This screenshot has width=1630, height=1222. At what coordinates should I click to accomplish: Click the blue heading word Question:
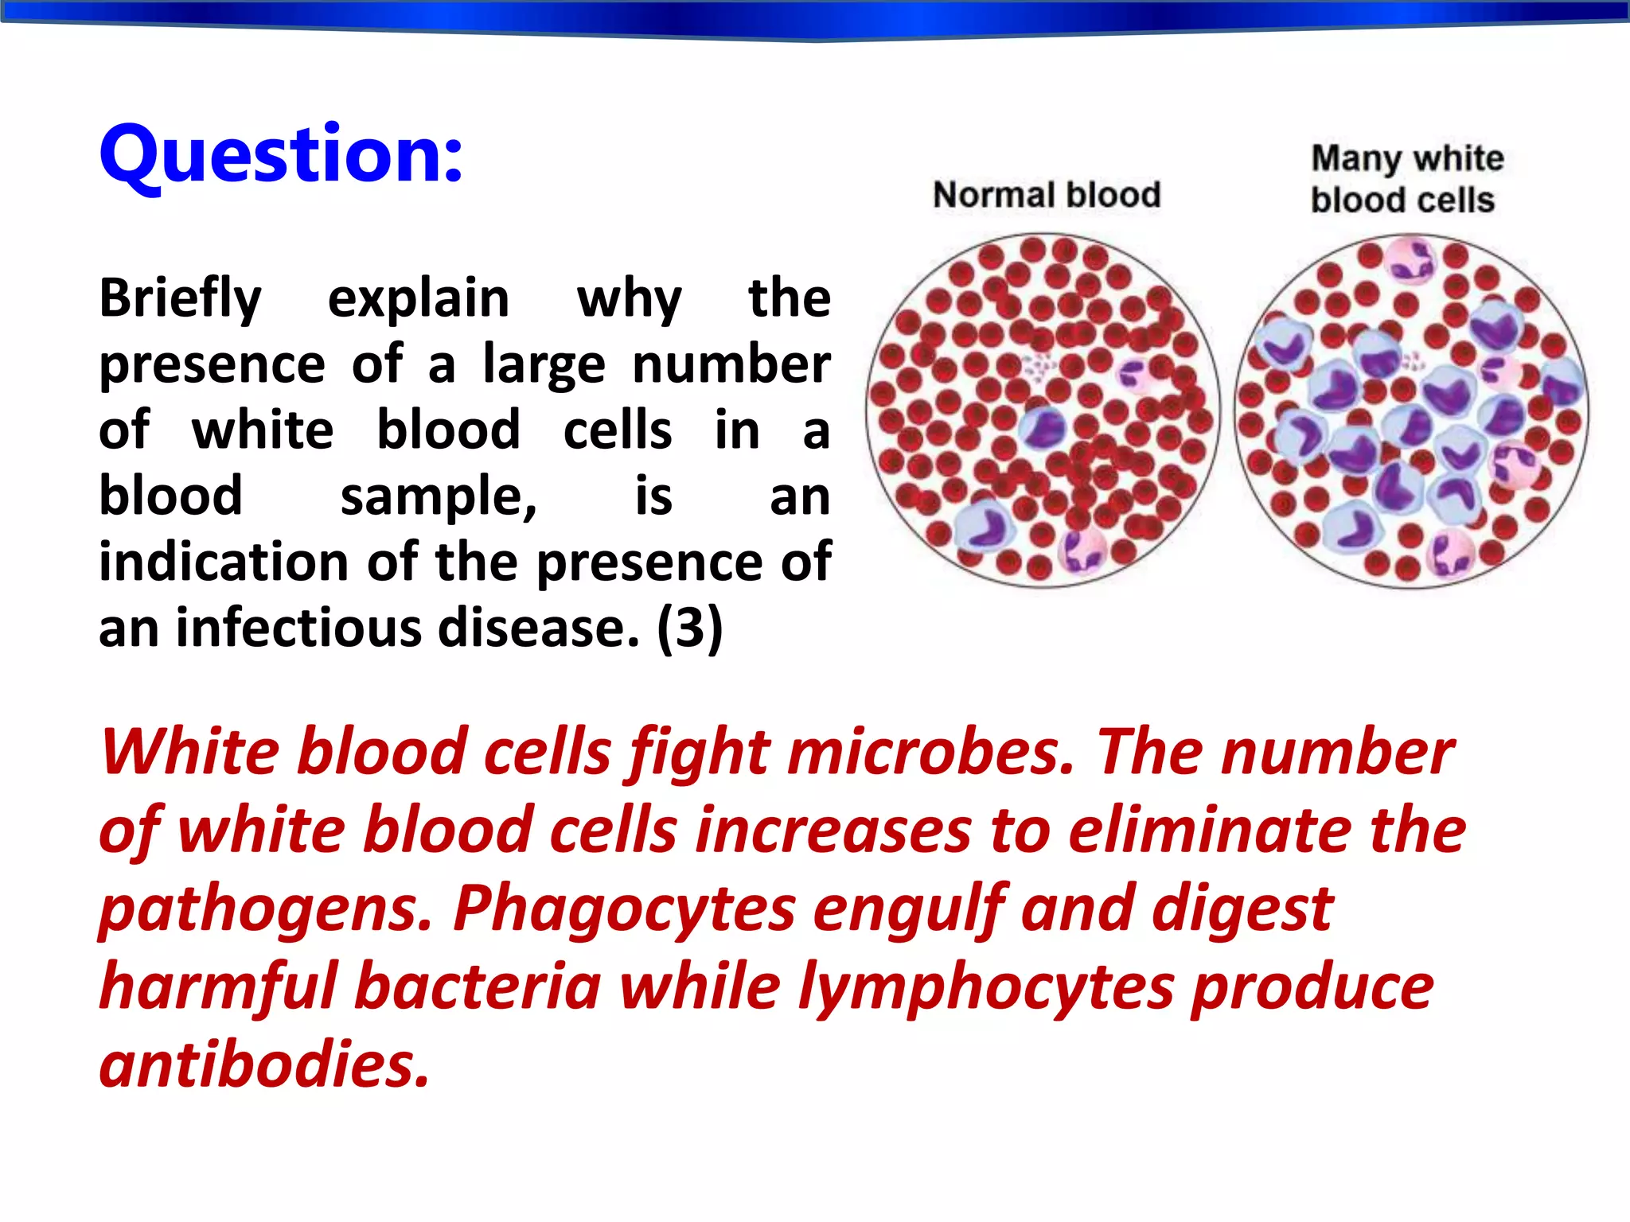pyautogui.click(x=280, y=155)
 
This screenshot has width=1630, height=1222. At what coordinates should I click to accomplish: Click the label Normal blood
pyautogui.click(x=1046, y=195)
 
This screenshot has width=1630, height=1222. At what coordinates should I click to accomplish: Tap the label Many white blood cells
pyautogui.click(x=1406, y=180)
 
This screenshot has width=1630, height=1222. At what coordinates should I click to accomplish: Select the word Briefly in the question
pyautogui.click(x=180, y=299)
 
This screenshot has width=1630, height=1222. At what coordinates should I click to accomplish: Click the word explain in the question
pyautogui.click(x=419, y=299)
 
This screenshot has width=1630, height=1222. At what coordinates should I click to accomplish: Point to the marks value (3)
pyautogui.click(x=689, y=629)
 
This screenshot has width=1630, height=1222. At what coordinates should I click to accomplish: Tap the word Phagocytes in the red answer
pyautogui.click(x=624, y=909)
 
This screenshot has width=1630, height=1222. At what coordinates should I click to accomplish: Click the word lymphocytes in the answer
pyautogui.click(x=986, y=987)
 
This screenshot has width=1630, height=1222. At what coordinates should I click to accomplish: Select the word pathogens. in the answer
pyautogui.click(x=266, y=910)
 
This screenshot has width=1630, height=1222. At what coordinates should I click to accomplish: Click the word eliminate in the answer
pyautogui.click(x=1210, y=831)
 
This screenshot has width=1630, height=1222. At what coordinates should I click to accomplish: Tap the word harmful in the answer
pyautogui.click(x=218, y=987)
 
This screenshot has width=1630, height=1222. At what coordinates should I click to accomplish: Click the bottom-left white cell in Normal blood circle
pyautogui.click(x=984, y=527)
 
